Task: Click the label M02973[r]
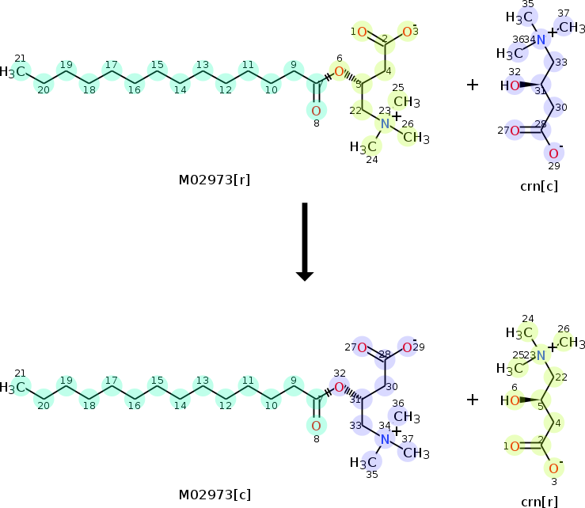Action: point(215,180)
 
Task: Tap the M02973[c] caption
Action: point(215,495)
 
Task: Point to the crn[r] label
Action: point(538,502)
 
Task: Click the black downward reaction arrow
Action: point(304,241)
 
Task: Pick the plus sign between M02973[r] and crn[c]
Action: point(473,84)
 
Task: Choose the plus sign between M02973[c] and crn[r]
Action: point(473,400)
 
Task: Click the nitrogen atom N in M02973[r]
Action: point(385,124)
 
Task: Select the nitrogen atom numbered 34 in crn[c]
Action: point(541,40)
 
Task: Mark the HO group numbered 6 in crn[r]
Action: point(515,401)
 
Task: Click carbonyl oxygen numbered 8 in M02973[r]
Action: point(316,110)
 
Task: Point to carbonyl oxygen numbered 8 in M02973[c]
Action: point(316,426)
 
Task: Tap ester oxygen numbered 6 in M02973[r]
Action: point(339,72)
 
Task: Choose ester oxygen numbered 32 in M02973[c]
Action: point(339,388)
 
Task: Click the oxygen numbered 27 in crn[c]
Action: point(515,131)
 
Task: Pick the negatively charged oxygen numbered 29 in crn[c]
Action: point(553,153)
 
